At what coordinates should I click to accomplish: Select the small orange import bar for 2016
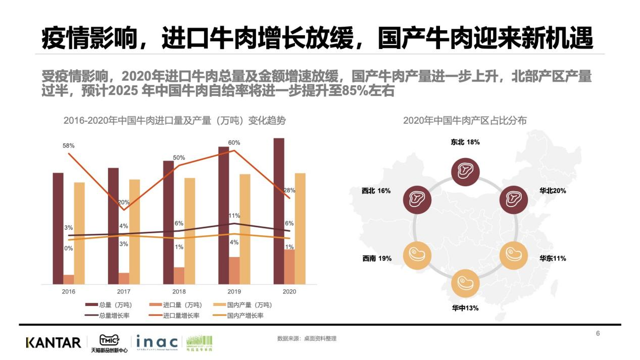[69, 279]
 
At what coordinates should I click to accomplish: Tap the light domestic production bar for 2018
[189, 231]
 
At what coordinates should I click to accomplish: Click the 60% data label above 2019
[234, 143]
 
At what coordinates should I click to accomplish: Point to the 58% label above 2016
[69, 146]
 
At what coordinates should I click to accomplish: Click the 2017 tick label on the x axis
[124, 292]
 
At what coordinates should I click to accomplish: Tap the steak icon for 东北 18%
[465, 170]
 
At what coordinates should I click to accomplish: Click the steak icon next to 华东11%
[513, 255]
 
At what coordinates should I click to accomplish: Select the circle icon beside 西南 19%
[417, 255]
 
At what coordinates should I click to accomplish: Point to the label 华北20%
[553, 191]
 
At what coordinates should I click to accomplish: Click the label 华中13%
[465, 308]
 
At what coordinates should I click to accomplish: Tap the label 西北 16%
[376, 191]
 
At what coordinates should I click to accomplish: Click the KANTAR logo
[53, 343]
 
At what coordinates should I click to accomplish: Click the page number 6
[598, 333]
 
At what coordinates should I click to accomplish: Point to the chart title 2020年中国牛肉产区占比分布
[465, 121]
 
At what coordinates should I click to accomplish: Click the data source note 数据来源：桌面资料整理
[307, 338]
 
